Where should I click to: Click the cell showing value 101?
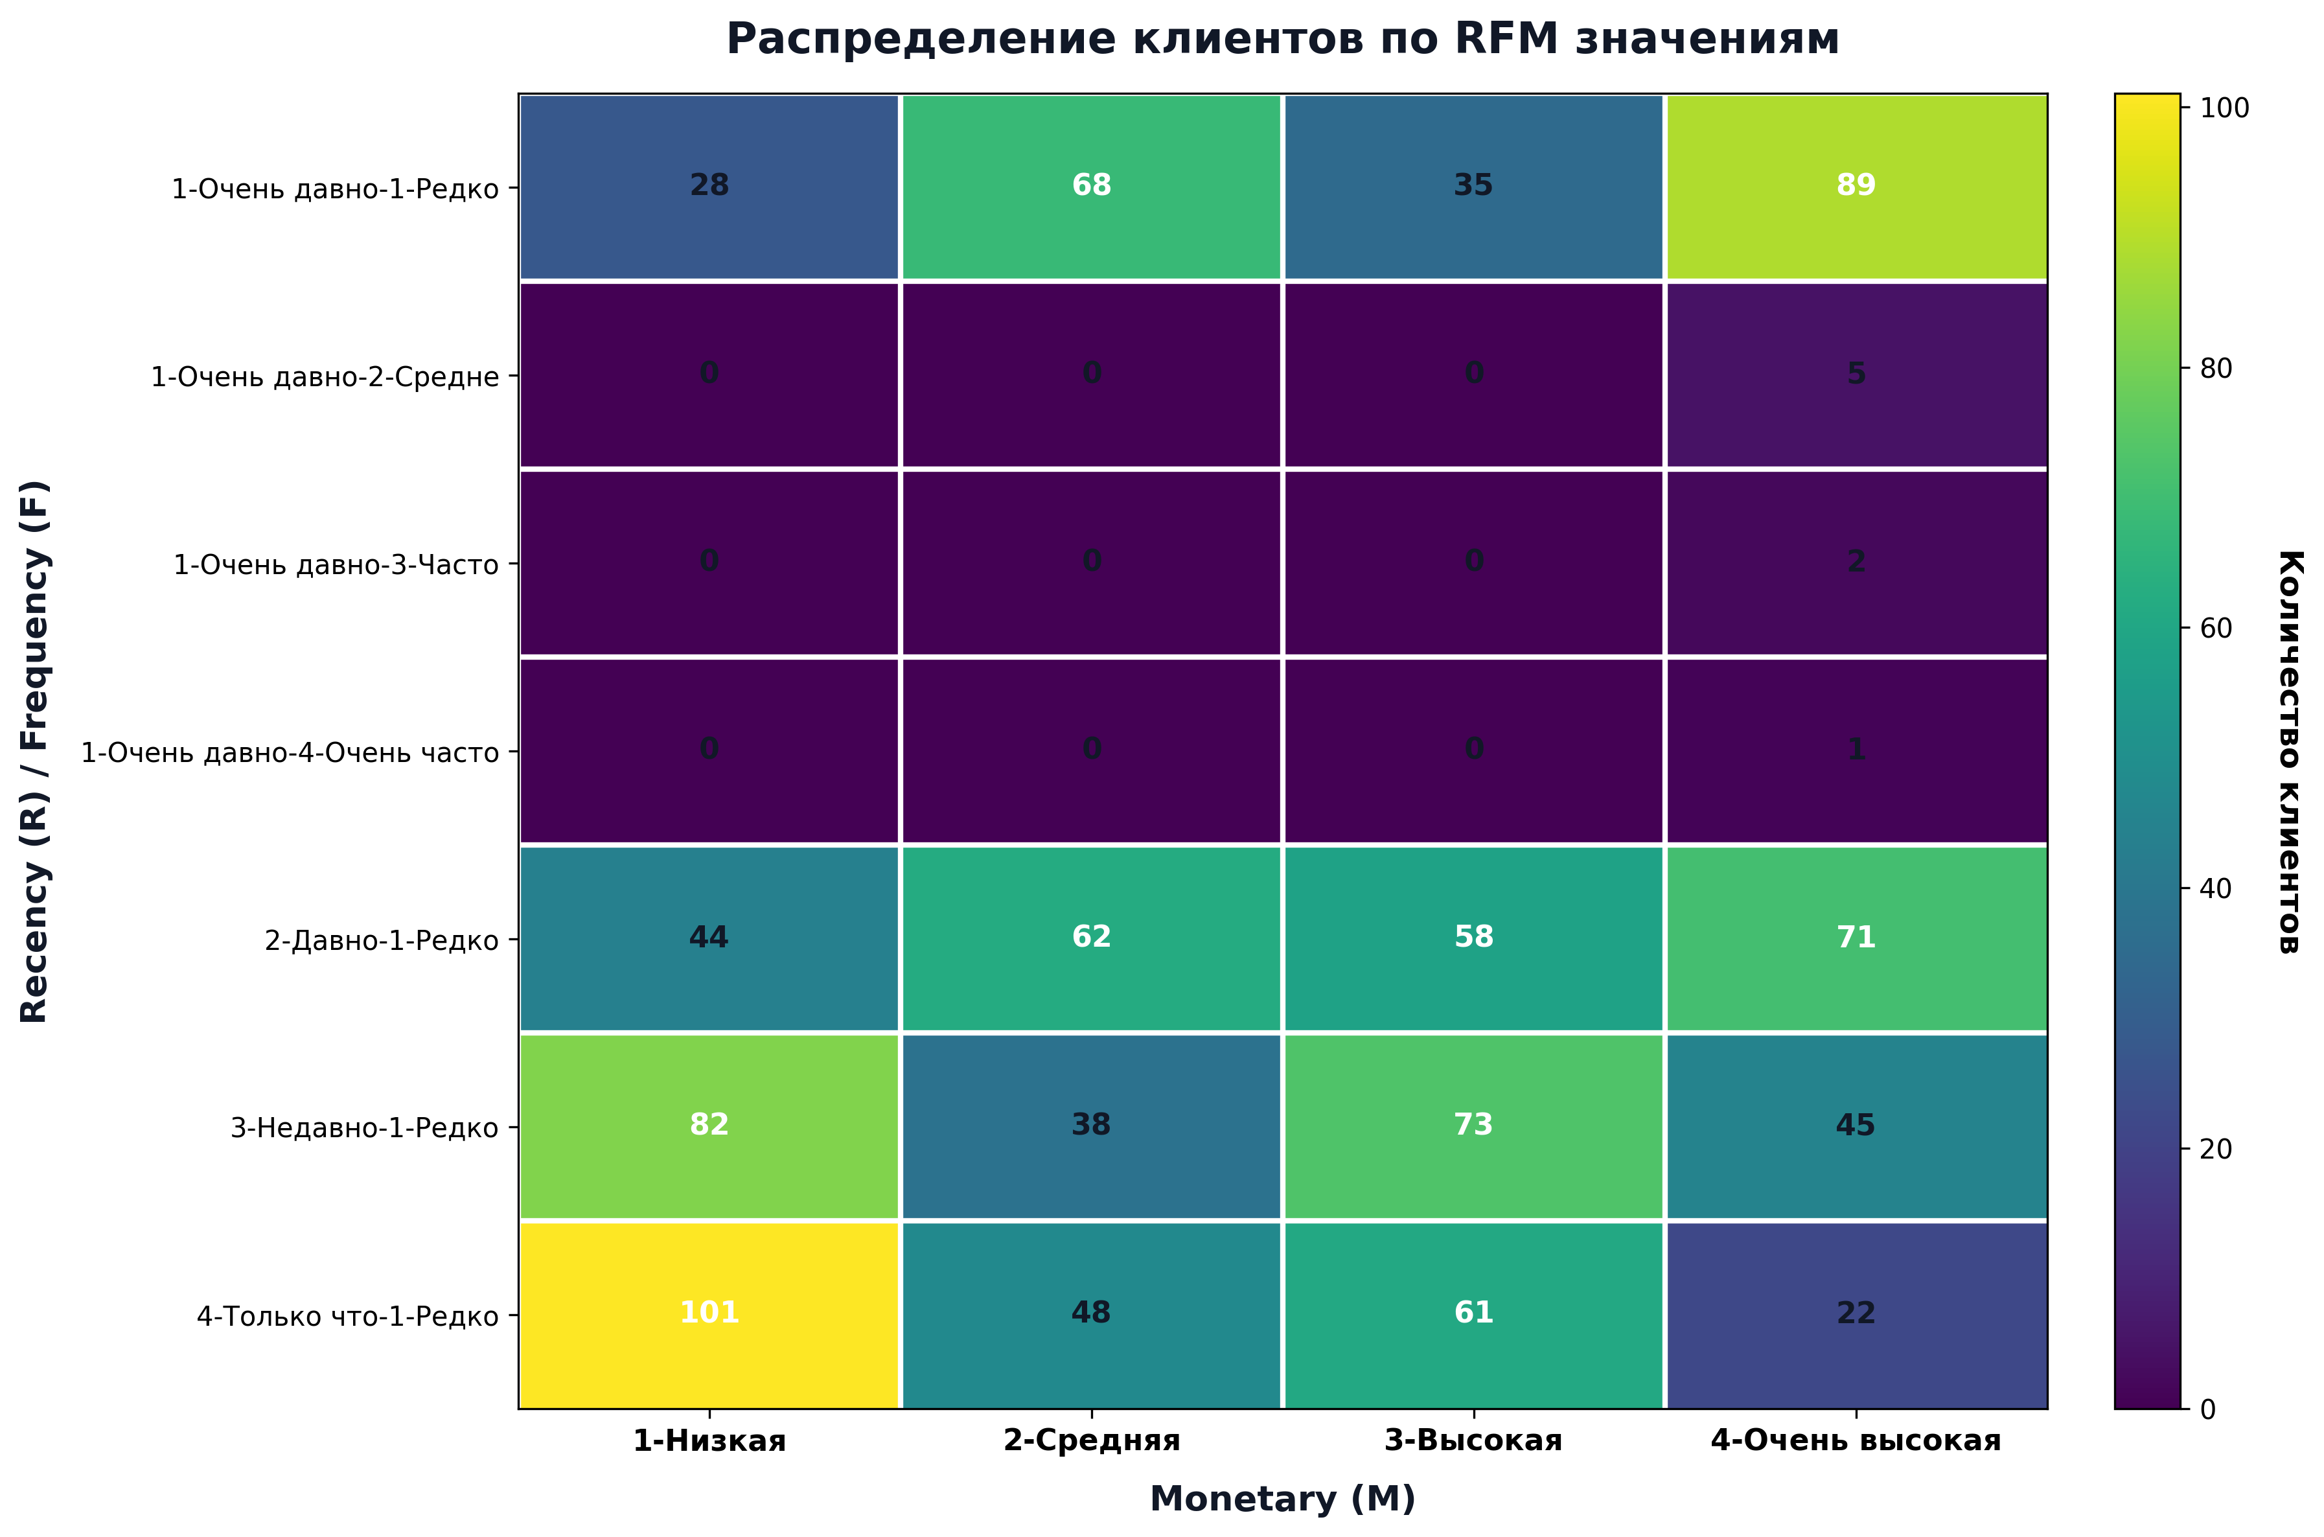(x=709, y=1313)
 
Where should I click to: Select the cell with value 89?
(x=1856, y=185)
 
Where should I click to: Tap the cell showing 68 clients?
(x=1091, y=185)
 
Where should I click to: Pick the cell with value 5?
(x=1856, y=373)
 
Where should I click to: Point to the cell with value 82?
(x=709, y=1124)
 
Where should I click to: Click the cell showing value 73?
(x=1473, y=1124)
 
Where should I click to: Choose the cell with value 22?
(x=1856, y=1313)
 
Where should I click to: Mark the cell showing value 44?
(x=709, y=937)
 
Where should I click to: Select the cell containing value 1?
(x=1856, y=750)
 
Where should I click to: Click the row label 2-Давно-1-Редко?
(x=382, y=941)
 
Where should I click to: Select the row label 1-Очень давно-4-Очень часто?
(x=290, y=753)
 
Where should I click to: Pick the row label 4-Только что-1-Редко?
(x=348, y=1317)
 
